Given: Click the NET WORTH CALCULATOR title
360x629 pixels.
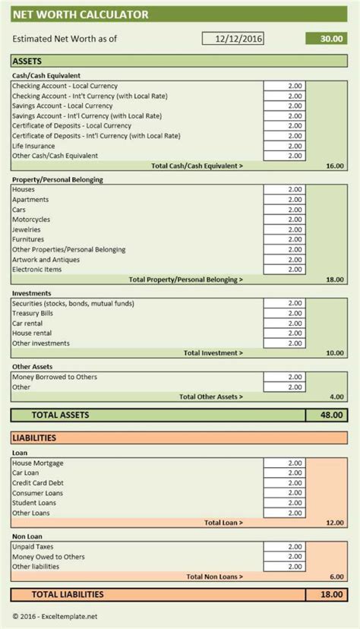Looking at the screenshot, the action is (x=69, y=15).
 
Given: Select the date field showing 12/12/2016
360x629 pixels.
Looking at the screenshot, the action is (x=233, y=39).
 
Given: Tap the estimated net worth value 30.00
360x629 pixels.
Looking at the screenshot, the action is (x=326, y=39).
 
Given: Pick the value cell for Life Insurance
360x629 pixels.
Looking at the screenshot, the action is (x=285, y=145).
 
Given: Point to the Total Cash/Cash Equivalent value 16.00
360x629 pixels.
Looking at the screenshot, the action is (x=333, y=165).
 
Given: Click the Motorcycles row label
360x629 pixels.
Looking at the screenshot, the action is (x=31, y=220).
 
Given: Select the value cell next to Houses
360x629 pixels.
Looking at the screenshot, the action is (x=285, y=190).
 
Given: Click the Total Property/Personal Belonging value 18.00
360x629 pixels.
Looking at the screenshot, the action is (x=333, y=280).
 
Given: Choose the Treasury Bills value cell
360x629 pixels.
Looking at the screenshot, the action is (x=285, y=314).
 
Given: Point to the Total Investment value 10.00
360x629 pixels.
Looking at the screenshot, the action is (x=333, y=352).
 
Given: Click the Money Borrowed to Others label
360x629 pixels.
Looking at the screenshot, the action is (x=55, y=378).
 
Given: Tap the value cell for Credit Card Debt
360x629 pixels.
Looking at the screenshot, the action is (x=285, y=483).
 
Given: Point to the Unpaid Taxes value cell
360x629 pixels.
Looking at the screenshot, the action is (x=285, y=547).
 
